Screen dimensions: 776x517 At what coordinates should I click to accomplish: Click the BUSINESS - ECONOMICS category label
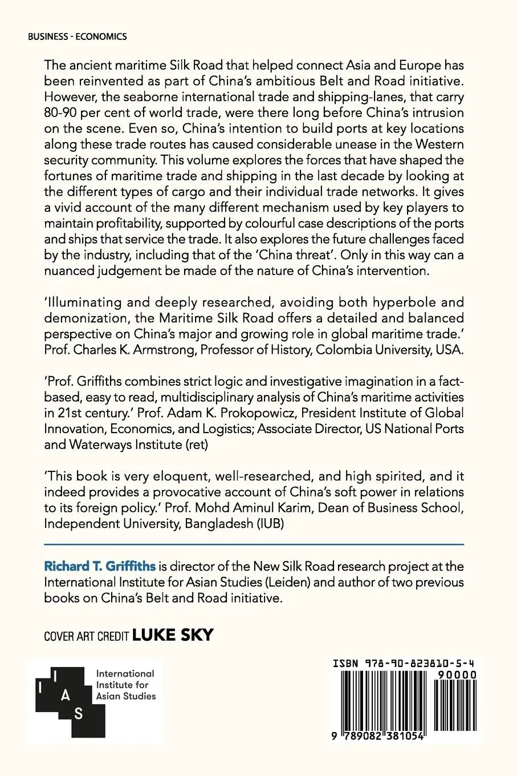(77, 37)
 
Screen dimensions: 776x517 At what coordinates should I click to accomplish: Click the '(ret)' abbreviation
(194, 444)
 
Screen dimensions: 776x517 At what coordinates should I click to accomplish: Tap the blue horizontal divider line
(254, 544)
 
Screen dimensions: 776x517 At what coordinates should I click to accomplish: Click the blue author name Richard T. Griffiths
(100, 567)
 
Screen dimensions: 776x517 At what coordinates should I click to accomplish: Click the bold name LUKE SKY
(173, 634)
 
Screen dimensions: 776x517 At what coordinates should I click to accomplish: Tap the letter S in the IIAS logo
(78, 713)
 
